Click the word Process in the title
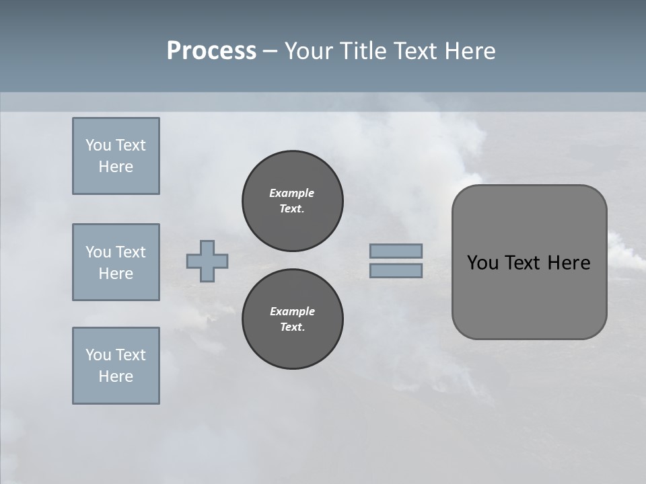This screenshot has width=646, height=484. click(211, 51)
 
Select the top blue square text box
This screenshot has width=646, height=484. click(116, 156)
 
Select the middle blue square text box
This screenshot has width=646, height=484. click(116, 262)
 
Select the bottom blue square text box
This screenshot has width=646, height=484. click(116, 366)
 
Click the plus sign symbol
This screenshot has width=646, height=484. click(207, 261)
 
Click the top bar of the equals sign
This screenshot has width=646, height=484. click(396, 251)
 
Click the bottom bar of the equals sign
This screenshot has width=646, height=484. click(396, 271)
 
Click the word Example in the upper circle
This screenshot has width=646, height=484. click(292, 193)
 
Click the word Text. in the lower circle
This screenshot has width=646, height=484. click(293, 327)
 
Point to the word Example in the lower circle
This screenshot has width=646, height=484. click(293, 311)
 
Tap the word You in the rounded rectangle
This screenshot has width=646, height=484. click(482, 263)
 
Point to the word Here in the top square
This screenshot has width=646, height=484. click(116, 167)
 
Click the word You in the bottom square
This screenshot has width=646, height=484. click(98, 355)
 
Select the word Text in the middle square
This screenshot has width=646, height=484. click(130, 252)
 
